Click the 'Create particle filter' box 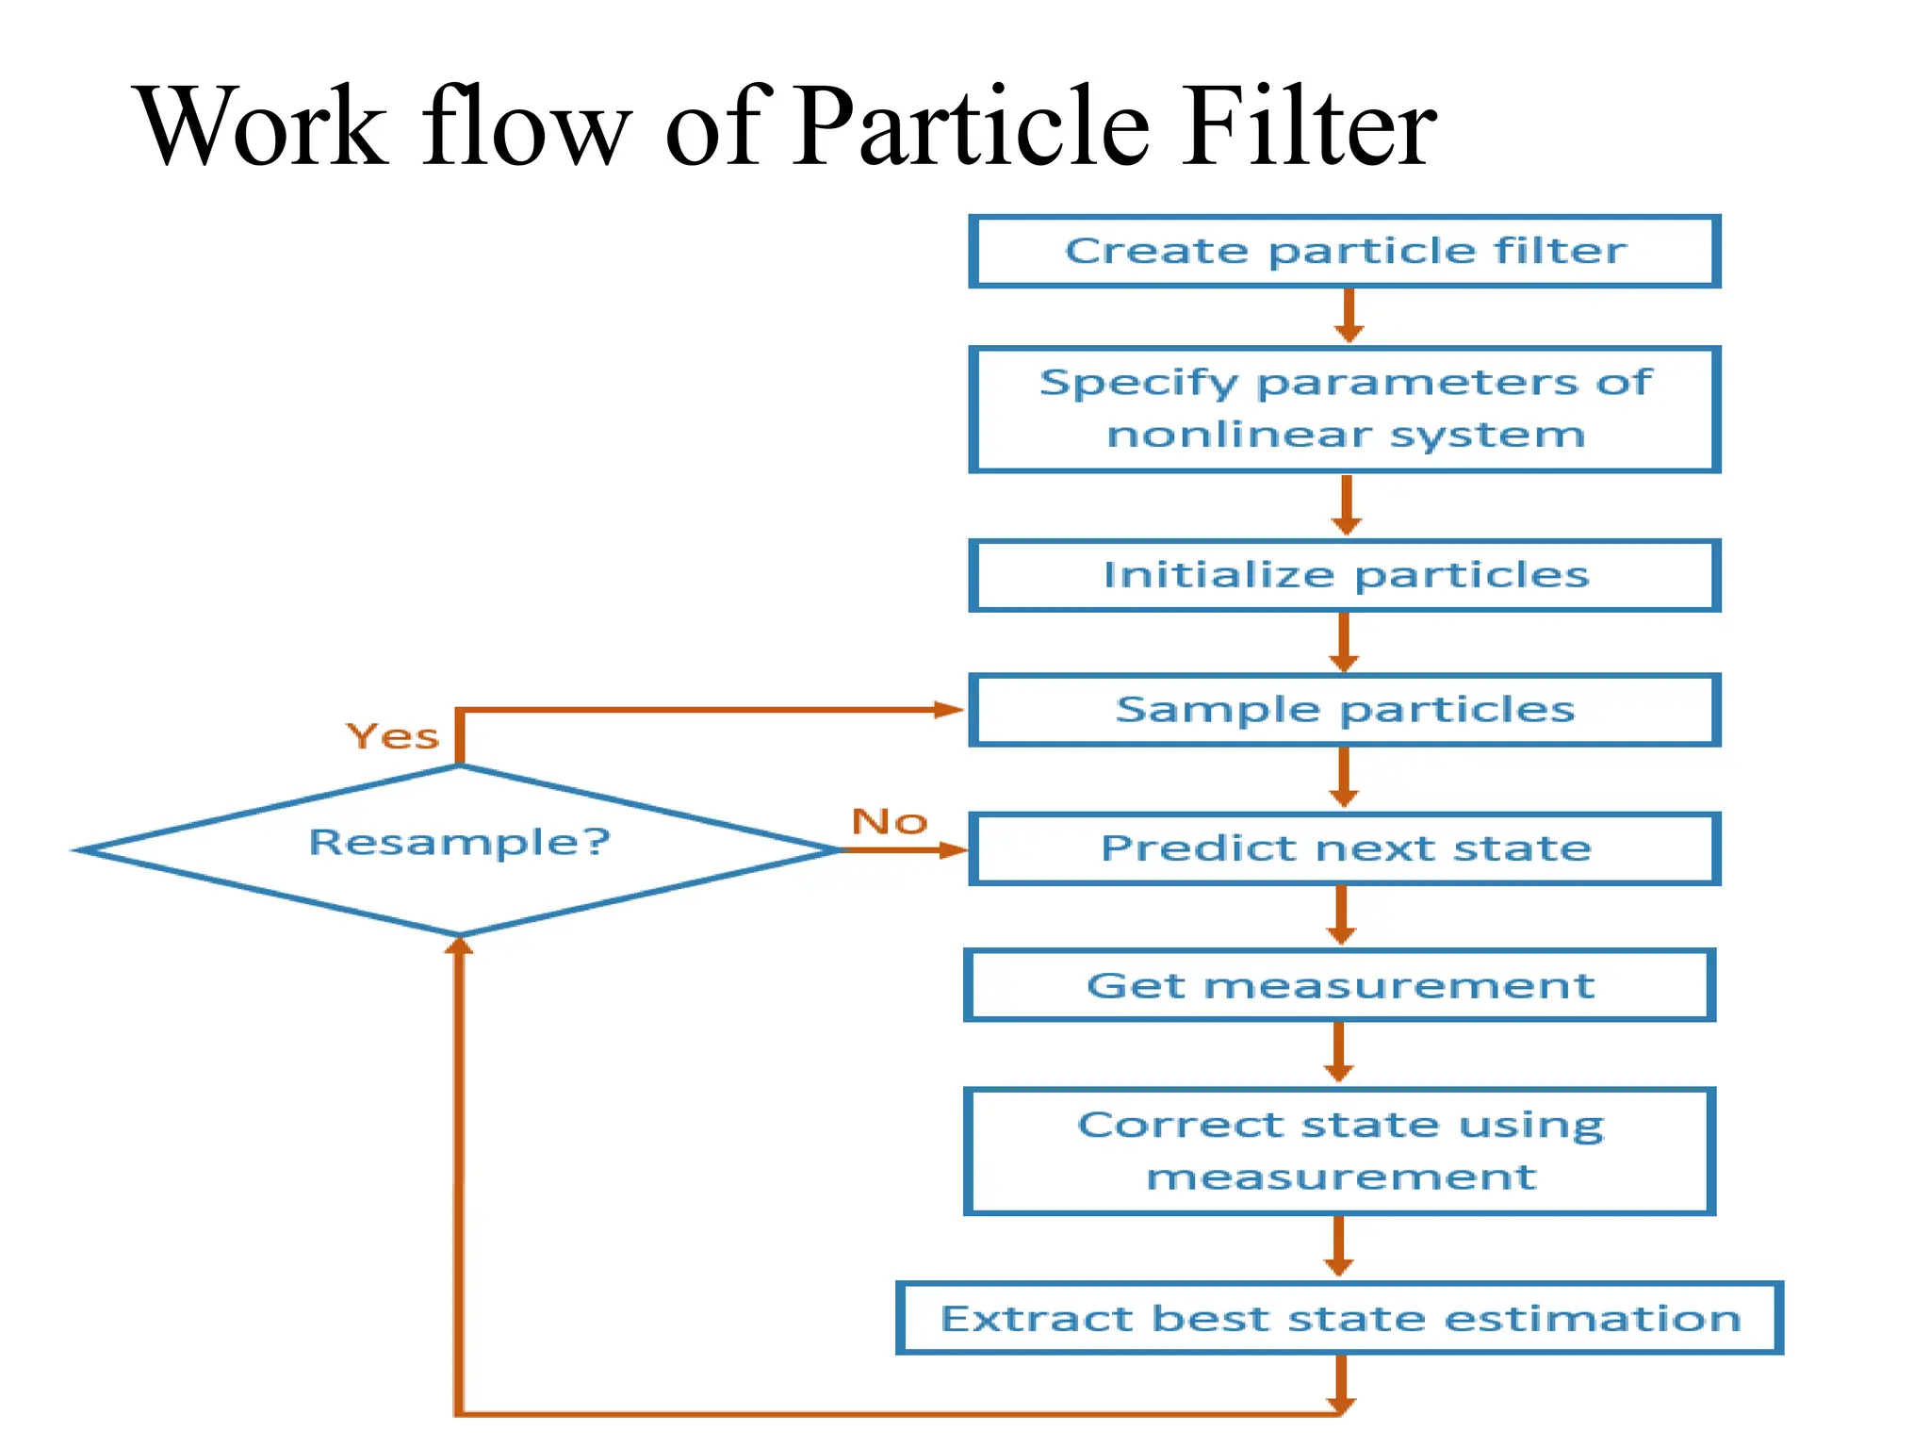(1345, 252)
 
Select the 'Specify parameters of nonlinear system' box (1345, 409)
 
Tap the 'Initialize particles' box (1345, 575)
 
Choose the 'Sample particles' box (1345, 710)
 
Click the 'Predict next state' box (1345, 848)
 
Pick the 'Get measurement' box (1339, 986)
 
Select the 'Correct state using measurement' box (1339, 1151)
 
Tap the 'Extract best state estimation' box (1339, 1318)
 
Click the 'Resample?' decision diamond (459, 848)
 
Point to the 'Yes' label (393, 737)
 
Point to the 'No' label (890, 822)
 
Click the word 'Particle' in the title (971, 127)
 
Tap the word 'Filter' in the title (1310, 127)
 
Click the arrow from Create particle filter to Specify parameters (1349, 316)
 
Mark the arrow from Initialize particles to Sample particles (1344, 642)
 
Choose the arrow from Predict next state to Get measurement (1341, 915)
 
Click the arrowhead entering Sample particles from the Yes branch (947, 710)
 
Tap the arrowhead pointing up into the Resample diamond (459, 946)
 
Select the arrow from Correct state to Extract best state (1338, 1246)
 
